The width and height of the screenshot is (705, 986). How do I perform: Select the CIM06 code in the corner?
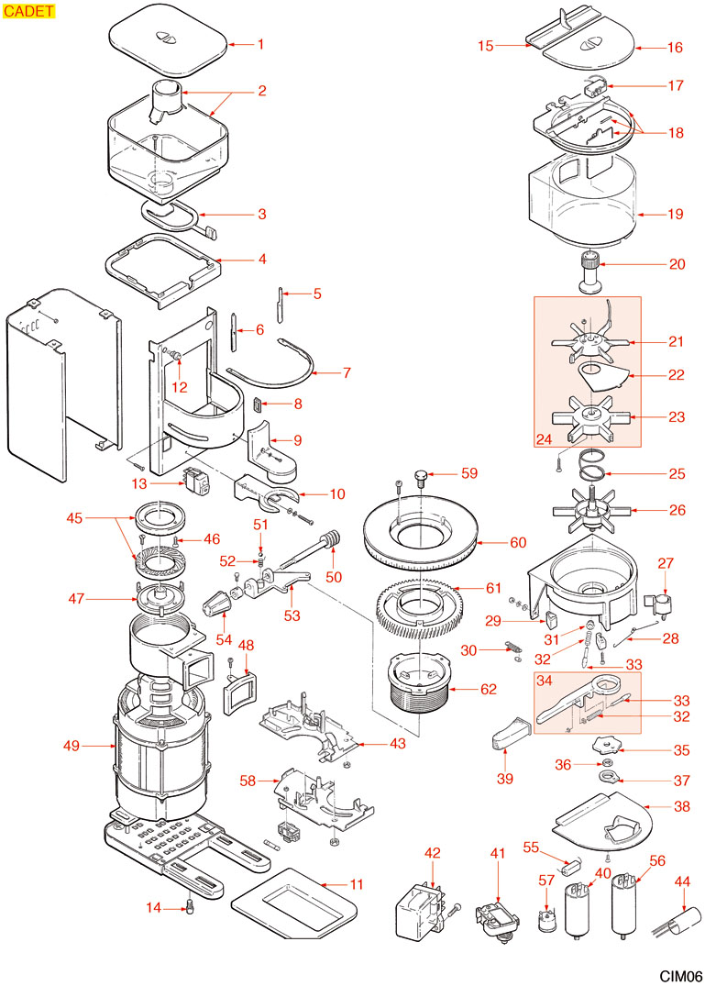[x=679, y=976]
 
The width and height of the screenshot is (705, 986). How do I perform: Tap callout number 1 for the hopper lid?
[x=260, y=44]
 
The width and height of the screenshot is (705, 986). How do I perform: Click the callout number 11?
[x=356, y=885]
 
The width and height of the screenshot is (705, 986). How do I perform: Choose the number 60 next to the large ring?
[x=518, y=542]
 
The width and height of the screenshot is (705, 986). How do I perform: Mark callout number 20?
[x=677, y=264]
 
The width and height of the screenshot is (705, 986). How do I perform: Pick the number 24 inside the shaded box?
[x=545, y=438]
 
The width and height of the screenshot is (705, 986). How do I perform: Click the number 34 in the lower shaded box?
[x=544, y=681]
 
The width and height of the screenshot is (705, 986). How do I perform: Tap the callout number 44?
[x=682, y=881]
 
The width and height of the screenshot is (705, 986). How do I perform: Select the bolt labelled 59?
[x=421, y=476]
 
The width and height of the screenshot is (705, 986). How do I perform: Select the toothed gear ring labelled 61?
[x=418, y=605]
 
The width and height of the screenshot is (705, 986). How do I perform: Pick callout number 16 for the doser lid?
[x=676, y=47]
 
